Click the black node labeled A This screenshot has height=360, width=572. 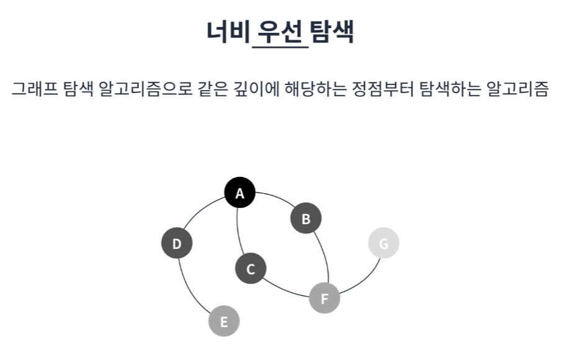tap(239, 192)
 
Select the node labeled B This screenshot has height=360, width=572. tap(306, 218)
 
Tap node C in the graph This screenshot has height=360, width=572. tap(251, 268)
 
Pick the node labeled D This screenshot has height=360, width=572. tap(177, 243)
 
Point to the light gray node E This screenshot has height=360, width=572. tap(224, 321)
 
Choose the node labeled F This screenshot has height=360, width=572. tap(324, 298)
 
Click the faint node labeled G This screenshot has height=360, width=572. tap(383, 243)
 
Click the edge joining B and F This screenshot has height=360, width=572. tap(324, 256)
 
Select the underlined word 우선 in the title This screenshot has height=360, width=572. tap(280, 32)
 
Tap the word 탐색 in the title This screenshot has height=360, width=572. tap(332, 32)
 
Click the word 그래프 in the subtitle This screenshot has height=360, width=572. tap(35, 89)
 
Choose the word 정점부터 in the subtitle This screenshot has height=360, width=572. tap(383, 89)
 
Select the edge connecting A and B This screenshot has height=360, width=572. tap(276, 197)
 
